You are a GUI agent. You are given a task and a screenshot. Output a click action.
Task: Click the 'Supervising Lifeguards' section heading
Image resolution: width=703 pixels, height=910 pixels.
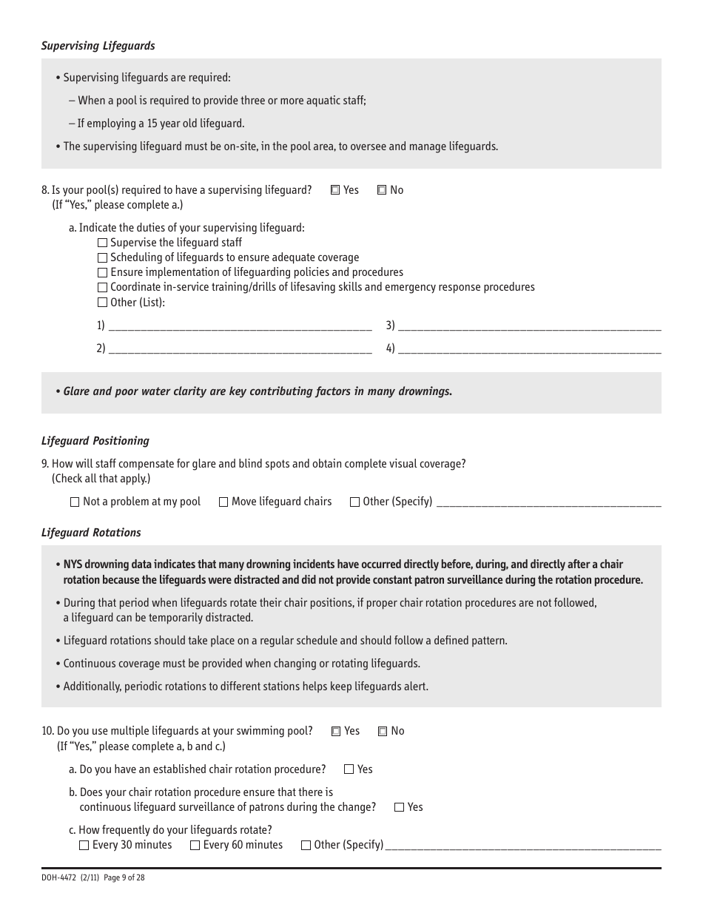click(x=98, y=46)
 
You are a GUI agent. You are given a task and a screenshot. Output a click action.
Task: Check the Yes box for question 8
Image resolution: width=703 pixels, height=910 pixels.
click(x=335, y=190)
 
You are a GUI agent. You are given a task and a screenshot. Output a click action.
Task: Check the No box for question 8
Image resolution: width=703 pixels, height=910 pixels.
click(x=382, y=190)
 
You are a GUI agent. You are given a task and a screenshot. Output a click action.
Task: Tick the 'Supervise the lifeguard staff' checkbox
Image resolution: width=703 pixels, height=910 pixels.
click(x=102, y=243)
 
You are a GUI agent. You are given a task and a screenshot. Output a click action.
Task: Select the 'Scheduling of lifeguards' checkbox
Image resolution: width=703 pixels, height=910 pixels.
click(x=102, y=257)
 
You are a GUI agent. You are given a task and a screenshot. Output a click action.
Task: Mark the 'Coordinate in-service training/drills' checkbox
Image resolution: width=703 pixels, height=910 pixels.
click(x=102, y=287)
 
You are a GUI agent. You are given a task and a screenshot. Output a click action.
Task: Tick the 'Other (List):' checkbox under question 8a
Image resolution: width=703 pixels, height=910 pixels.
click(x=102, y=302)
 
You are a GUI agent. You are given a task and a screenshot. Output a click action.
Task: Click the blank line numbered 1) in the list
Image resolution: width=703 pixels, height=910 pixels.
click(x=240, y=326)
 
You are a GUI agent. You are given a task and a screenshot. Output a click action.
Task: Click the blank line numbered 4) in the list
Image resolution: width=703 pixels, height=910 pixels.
click(x=529, y=349)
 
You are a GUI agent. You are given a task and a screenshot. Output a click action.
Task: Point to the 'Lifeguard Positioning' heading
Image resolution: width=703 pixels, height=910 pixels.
click(x=95, y=441)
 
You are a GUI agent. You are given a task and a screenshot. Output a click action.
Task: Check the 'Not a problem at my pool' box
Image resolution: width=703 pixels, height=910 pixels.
click(x=75, y=502)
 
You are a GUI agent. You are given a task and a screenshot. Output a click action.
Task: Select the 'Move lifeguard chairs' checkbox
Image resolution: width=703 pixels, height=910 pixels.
click(x=223, y=502)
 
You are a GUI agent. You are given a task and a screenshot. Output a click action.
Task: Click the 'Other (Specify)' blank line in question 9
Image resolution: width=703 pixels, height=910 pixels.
click(x=548, y=502)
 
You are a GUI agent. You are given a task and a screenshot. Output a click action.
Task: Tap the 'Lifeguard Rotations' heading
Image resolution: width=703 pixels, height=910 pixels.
click(x=91, y=533)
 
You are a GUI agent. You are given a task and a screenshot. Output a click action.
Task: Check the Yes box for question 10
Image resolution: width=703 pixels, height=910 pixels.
click(x=336, y=731)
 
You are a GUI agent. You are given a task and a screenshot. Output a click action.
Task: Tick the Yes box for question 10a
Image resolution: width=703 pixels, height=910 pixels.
click(x=349, y=769)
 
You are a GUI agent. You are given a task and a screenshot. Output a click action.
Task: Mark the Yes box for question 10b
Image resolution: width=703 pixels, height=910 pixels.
click(x=400, y=807)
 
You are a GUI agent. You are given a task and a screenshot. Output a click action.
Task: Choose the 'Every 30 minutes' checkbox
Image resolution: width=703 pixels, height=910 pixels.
click(x=84, y=845)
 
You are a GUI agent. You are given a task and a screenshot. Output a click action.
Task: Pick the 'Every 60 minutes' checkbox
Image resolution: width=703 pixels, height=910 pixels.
click(x=195, y=845)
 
